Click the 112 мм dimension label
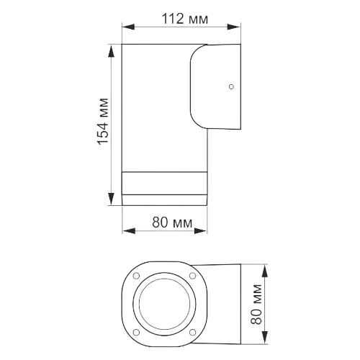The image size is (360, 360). (179, 18)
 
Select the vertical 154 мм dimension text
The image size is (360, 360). (103, 122)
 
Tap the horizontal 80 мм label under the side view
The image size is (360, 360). (171, 222)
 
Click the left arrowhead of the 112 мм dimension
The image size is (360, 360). (125, 27)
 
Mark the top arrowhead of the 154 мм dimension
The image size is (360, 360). (111, 48)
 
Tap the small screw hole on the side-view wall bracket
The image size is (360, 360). (230, 87)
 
